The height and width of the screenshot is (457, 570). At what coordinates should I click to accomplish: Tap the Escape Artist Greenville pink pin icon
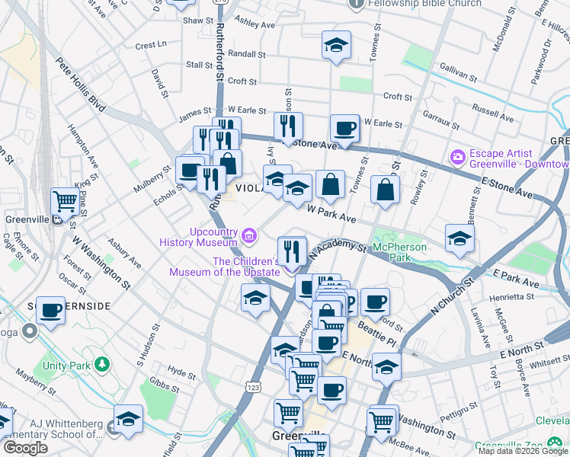tap(458, 158)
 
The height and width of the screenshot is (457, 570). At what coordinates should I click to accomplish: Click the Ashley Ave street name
tap(255, 24)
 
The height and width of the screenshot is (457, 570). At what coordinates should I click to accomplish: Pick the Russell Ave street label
tap(493, 110)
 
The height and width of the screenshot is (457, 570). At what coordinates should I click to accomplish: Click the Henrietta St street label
tap(512, 296)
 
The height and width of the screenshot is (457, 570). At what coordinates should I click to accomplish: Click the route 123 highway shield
tap(253, 388)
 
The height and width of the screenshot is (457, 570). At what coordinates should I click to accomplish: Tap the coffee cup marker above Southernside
tap(50, 311)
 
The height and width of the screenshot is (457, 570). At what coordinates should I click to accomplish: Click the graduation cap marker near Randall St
tap(335, 46)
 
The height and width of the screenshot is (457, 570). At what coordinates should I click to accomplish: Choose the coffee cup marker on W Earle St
tap(344, 128)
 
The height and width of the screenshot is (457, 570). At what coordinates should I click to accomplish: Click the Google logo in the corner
tap(24, 448)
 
